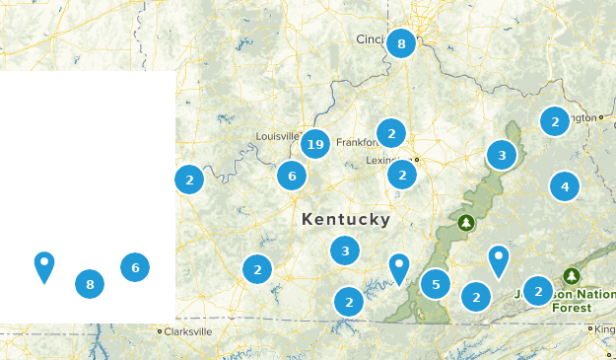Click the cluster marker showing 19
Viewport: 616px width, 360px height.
point(315,145)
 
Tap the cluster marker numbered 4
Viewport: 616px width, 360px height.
point(565,185)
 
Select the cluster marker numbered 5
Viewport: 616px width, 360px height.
point(437,285)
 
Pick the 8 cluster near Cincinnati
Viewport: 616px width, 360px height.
point(401,43)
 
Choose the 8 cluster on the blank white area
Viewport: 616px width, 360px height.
point(90,285)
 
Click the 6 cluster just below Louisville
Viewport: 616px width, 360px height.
point(292,177)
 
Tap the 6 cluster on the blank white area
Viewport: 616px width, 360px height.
point(135,266)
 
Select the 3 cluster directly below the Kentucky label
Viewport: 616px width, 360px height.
point(345,251)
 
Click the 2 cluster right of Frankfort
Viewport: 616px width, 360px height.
point(391,133)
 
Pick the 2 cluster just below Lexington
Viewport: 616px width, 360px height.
point(401,176)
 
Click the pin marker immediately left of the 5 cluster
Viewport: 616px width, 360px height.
point(398,267)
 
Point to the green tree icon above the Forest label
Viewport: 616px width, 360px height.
point(571,276)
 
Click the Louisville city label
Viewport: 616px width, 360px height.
point(277,135)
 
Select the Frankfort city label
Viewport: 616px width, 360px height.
point(357,143)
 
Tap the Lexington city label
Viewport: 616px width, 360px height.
point(388,160)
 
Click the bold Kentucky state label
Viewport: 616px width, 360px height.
point(346,219)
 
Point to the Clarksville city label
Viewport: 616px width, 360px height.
point(188,332)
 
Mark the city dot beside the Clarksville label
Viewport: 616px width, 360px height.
point(160,332)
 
